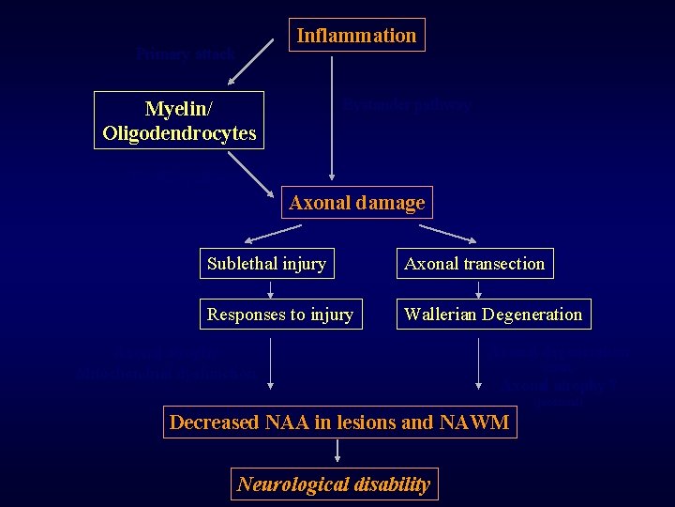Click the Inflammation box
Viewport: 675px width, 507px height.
(356, 36)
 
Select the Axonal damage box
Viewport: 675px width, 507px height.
(356, 203)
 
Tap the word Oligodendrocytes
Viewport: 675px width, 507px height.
(179, 133)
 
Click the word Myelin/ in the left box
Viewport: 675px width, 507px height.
(178, 110)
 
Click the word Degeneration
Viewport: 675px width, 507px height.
(534, 315)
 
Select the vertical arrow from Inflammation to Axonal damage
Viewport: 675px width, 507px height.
(331, 117)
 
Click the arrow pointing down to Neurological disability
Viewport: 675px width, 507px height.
(337, 452)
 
